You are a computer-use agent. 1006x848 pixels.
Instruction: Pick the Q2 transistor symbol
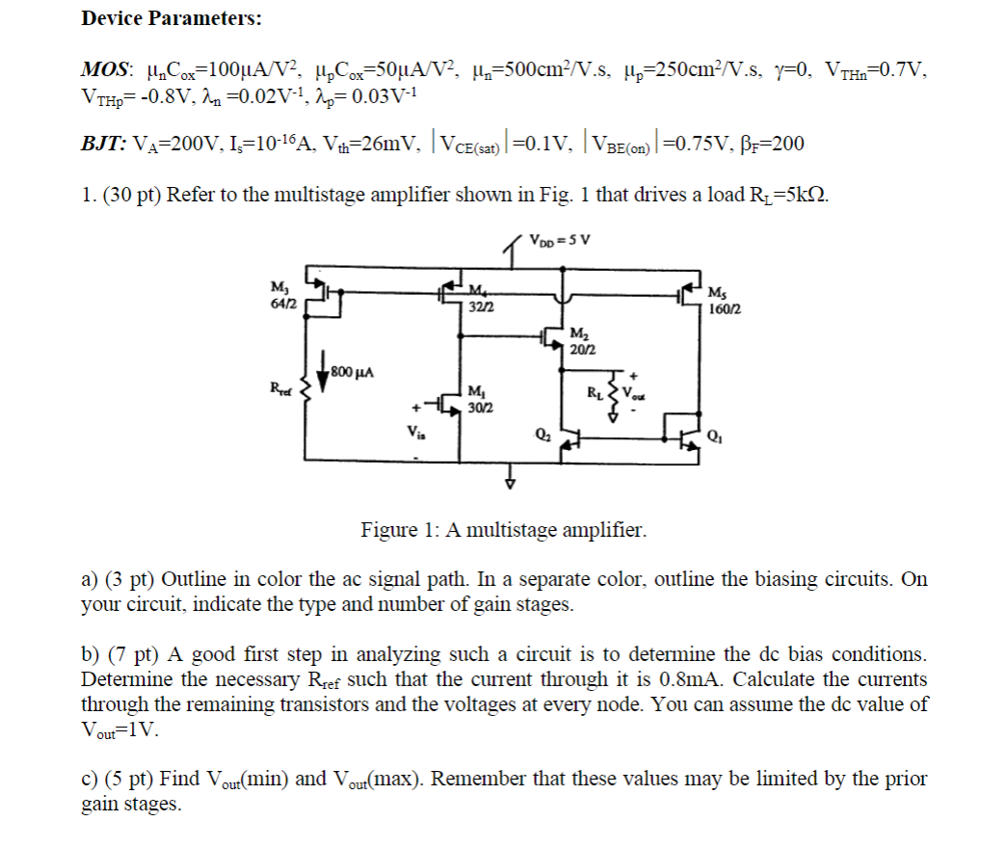[569, 441]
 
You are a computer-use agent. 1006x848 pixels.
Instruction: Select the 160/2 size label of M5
[724, 310]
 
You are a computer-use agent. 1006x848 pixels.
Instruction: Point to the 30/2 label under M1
[478, 408]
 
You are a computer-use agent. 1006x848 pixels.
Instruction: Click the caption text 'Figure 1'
[398, 530]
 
